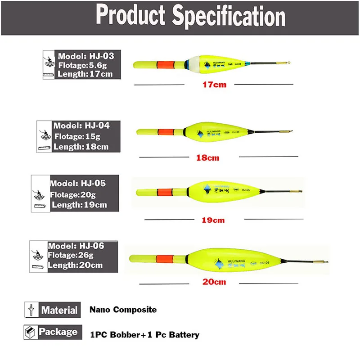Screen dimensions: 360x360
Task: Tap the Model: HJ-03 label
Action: [x=85, y=56]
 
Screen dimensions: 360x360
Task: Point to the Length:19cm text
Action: [x=80, y=205]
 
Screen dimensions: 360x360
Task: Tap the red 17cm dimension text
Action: [x=215, y=84]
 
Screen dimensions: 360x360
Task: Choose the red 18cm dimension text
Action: [x=208, y=157]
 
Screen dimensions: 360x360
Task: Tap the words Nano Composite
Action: [x=123, y=310]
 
